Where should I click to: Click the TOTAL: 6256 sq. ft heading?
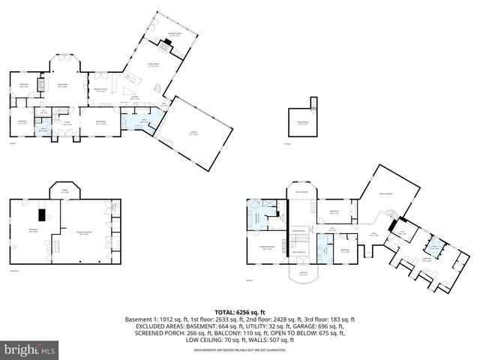click(x=239, y=311)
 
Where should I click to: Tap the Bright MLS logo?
click(x=30, y=349)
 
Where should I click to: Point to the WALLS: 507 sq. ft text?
click(x=275, y=339)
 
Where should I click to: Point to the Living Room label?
click(x=63, y=85)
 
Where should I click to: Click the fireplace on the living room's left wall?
click(x=42, y=86)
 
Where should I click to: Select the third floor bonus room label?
click(x=301, y=124)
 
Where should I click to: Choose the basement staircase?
click(x=55, y=244)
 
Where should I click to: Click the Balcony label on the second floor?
click(x=304, y=274)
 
